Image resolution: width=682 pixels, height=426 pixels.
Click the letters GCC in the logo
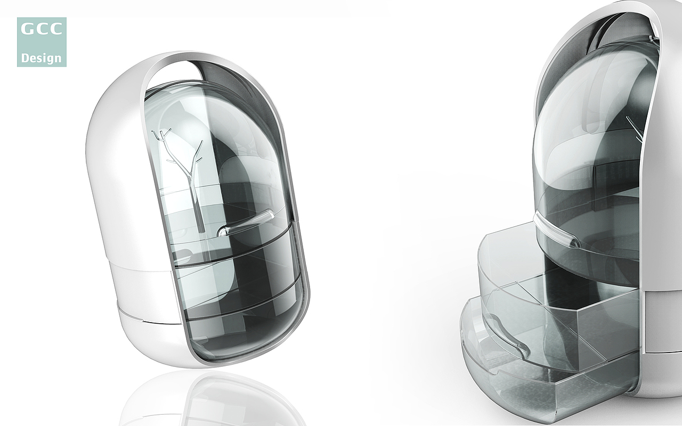[x=42, y=29]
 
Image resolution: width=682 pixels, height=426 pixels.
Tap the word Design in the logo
[x=42, y=58]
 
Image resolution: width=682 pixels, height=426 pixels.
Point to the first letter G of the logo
[x=27, y=29]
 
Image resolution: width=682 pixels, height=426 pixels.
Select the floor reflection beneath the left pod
[x=213, y=399]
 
